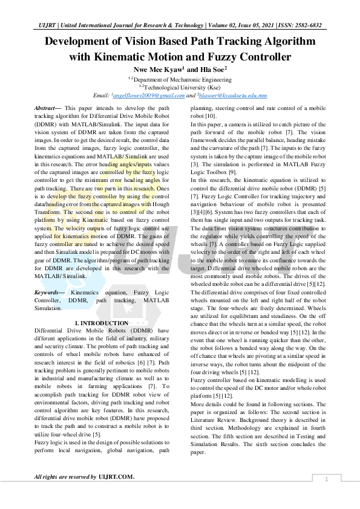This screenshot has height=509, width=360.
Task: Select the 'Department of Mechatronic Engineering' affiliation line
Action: (180, 79)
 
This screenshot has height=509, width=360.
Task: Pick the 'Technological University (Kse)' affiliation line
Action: (180, 87)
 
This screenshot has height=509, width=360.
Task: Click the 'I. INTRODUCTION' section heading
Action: (100, 323)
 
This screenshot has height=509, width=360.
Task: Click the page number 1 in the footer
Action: (326, 479)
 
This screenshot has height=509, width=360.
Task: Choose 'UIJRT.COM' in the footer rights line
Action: (116, 477)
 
